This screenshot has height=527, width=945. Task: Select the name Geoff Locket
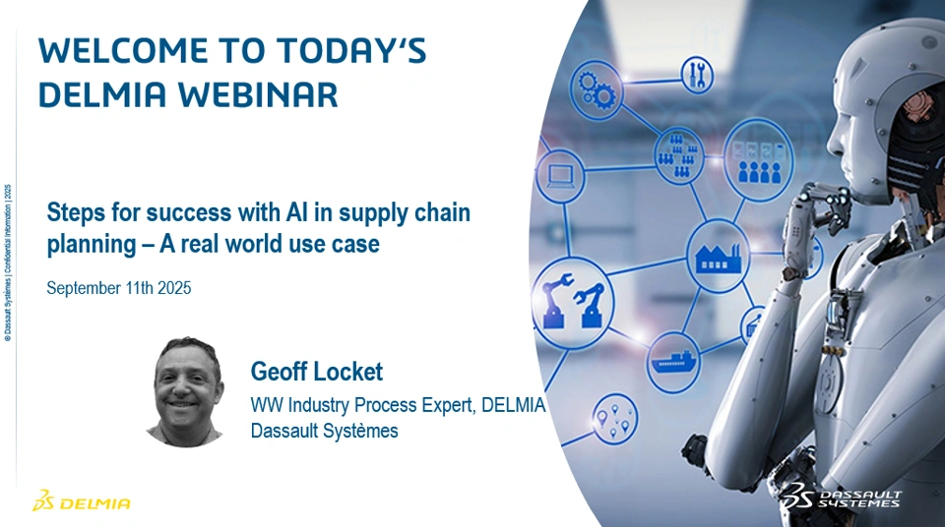[x=316, y=371]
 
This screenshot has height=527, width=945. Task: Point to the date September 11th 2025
[x=119, y=288]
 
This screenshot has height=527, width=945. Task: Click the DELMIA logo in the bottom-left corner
[x=82, y=500]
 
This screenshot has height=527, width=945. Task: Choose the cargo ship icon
[x=673, y=361]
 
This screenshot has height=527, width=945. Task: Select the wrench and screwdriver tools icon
[x=697, y=75]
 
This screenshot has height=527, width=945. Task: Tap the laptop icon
[x=560, y=176]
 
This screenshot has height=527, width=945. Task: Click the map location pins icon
[x=614, y=418]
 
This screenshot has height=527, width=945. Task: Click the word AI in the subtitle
[x=305, y=212]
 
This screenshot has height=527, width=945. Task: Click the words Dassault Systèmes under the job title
[x=324, y=432]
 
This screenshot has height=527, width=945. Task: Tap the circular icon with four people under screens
[x=758, y=159]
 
